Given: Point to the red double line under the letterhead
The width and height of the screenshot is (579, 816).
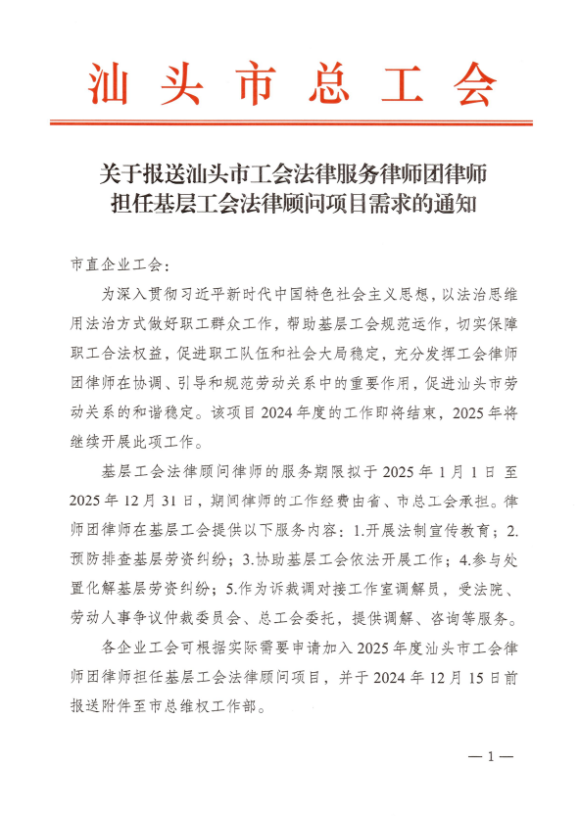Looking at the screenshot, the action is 289,123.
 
